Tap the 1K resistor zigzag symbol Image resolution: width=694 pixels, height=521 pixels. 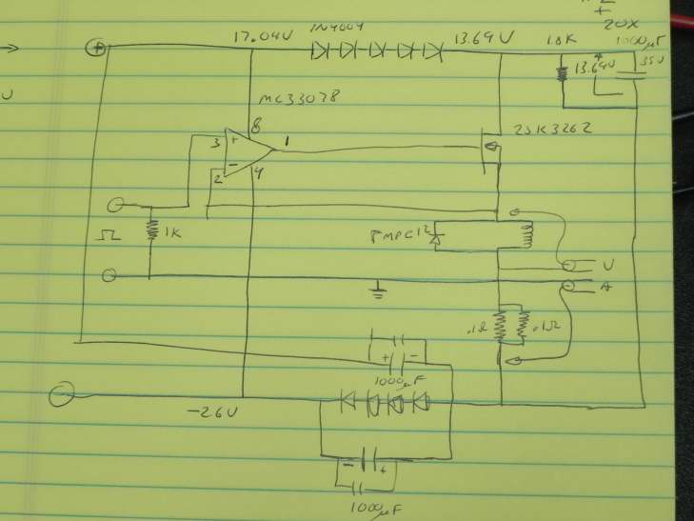coord(151,230)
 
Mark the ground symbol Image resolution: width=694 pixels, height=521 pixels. coord(379,288)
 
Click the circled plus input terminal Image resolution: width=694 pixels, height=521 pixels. coord(95,48)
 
